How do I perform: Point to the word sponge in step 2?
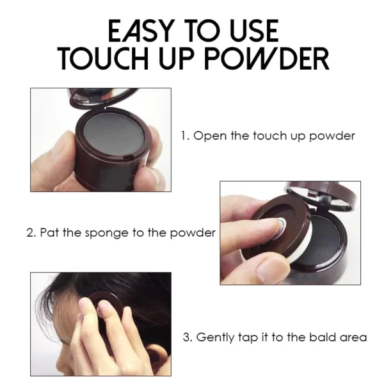pos(99,232)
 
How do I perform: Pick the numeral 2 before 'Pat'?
pos(29,232)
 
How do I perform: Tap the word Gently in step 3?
pos(216,337)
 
